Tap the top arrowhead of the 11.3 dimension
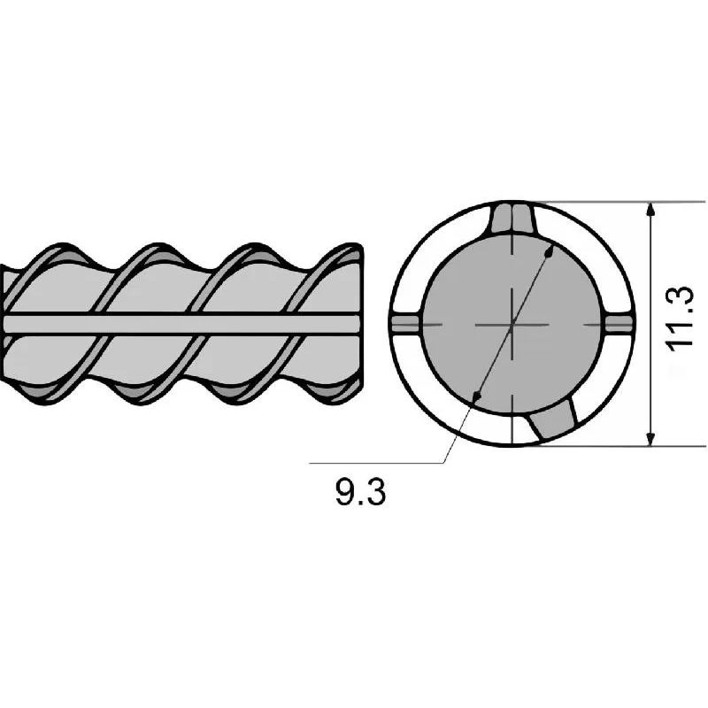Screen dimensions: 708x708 [650, 210]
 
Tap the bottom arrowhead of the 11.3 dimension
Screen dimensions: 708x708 [650, 438]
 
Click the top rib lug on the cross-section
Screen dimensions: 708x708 [512, 218]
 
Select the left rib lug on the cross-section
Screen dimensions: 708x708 [406, 324]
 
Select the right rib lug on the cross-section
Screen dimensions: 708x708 [618, 324]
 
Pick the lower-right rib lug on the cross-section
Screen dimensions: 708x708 [553, 419]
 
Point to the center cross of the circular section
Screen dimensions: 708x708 [512, 324]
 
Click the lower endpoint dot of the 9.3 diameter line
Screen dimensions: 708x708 [475, 396]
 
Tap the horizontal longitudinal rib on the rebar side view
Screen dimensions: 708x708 [181, 324]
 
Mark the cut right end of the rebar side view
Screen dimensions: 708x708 [361, 324]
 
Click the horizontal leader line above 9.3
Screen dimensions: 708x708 [377, 463]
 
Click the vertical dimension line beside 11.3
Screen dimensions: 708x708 [650, 324]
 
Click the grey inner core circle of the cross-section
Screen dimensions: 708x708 [512, 324]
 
